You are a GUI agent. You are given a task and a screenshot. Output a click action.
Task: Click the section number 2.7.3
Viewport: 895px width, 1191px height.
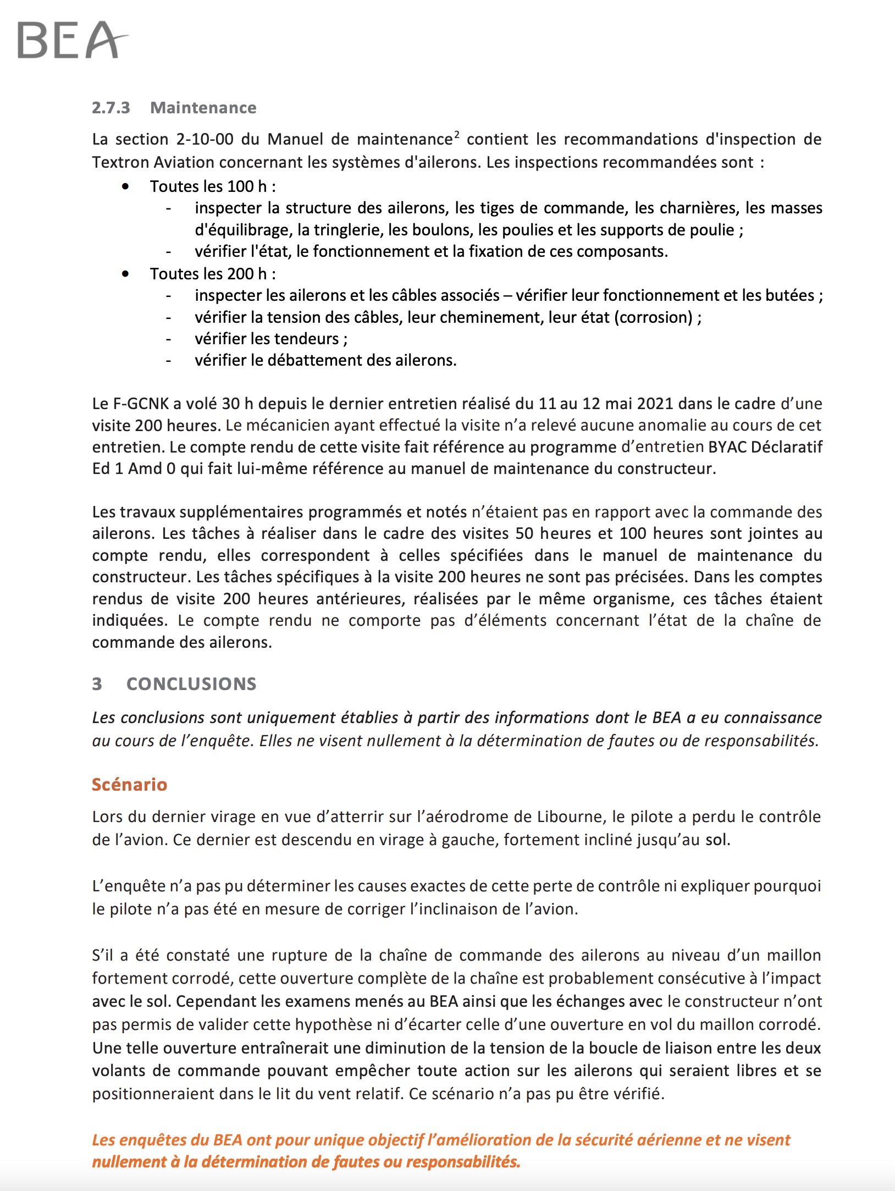(111, 108)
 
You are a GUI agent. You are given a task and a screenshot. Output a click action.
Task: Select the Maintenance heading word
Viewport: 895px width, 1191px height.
(203, 108)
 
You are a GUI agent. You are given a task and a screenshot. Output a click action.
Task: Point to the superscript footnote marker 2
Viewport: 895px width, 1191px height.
(457, 134)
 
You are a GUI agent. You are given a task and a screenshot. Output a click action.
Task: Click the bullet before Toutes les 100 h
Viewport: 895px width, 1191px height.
(126, 187)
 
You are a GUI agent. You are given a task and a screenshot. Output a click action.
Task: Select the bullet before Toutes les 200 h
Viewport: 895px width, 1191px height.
(126, 274)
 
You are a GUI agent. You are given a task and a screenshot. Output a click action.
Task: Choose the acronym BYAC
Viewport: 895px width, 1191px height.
(727, 446)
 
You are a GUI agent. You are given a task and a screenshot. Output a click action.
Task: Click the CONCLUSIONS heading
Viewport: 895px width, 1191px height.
(191, 683)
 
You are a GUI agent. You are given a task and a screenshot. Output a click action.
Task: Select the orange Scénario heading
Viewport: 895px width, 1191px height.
(129, 784)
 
